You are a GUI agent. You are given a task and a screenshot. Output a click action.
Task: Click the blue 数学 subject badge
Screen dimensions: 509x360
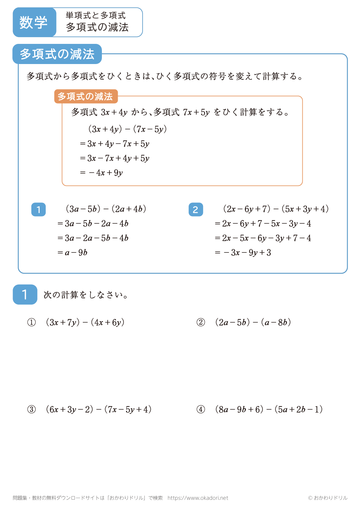(34, 22)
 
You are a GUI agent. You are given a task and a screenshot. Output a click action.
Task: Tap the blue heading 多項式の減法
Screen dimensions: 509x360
(57, 54)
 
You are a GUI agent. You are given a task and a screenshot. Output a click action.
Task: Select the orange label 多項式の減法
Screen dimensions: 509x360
(86, 96)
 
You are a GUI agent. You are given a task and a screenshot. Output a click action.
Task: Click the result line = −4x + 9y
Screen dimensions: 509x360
(101, 173)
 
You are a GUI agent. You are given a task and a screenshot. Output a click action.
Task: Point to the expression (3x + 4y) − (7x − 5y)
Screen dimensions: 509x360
(127, 129)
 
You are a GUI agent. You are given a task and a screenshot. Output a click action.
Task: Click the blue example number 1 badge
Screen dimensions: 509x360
(39, 209)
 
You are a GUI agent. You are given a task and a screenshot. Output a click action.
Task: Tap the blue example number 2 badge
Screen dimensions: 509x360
(195, 209)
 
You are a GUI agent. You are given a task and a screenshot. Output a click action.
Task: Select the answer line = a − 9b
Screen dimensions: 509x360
(72, 253)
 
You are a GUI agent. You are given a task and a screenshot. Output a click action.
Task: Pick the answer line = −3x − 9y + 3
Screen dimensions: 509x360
(243, 253)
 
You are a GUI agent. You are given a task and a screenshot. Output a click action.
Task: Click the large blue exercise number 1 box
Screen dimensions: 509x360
(25, 295)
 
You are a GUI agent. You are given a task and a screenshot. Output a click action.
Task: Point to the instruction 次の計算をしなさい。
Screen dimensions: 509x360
(86, 295)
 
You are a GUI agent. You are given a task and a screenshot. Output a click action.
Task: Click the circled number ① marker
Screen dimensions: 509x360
(32, 322)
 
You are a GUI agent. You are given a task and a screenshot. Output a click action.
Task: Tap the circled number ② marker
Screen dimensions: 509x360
(201, 322)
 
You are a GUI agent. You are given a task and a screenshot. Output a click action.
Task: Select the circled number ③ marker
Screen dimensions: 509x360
(32, 409)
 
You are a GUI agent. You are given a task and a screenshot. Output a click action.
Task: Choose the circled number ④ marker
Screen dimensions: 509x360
(201, 409)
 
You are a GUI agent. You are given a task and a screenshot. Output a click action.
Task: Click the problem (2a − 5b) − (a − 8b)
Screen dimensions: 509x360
(253, 322)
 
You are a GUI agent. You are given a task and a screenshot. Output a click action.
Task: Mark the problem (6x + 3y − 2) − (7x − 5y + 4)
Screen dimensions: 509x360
(99, 409)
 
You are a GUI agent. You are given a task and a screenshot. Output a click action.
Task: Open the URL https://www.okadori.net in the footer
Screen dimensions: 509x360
(198, 498)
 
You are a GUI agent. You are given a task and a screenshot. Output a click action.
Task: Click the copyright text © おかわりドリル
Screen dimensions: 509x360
(328, 498)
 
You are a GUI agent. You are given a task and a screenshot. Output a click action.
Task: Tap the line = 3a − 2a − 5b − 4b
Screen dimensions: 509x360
(93, 238)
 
